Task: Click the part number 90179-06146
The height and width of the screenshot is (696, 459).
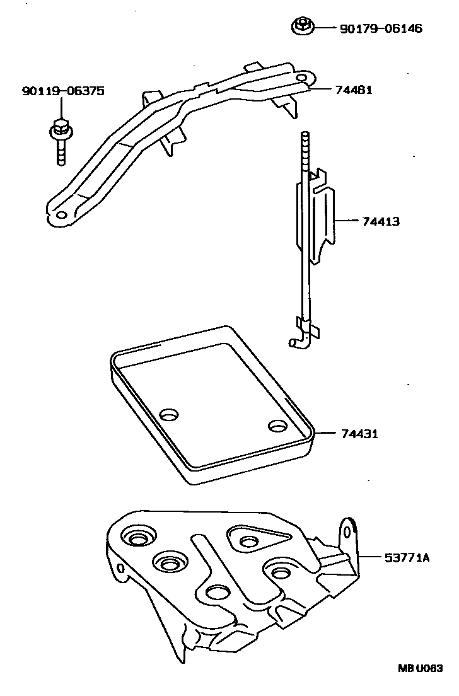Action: [380, 28]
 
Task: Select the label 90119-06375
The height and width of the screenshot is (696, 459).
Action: [62, 92]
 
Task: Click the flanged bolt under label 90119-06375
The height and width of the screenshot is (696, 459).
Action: [61, 140]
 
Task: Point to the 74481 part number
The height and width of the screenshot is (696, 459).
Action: [354, 90]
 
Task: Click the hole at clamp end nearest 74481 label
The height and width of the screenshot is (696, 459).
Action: [302, 78]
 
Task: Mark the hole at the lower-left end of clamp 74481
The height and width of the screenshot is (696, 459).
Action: [61, 215]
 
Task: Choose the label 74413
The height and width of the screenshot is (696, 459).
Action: [381, 222]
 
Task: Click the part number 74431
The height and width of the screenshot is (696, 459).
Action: [360, 434]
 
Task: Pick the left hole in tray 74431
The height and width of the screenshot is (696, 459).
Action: [169, 415]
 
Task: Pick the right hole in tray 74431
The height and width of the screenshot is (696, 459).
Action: [276, 427]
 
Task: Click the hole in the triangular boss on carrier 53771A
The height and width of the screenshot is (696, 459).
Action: [248, 541]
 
